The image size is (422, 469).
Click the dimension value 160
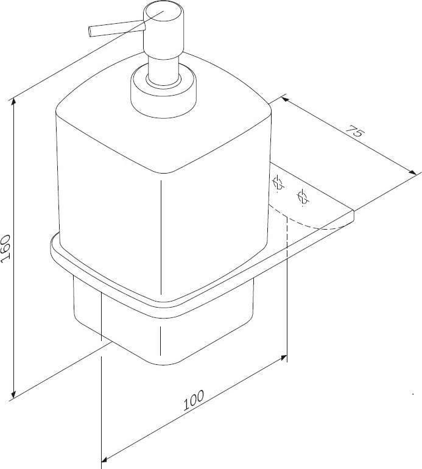coord(6,249)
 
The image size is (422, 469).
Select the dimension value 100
coord(194,400)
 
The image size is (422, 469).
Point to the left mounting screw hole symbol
coord(278,183)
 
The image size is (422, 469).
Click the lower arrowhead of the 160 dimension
coord(13,393)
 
